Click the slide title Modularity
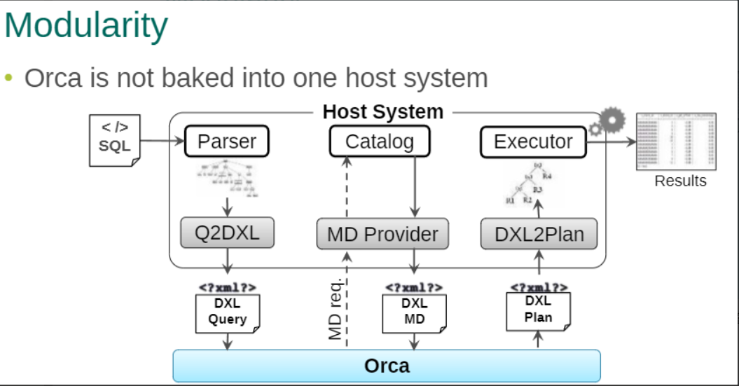(x=86, y=26)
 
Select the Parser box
(x=227, y=142)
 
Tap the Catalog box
(x=380, y=142)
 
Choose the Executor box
(x=533, y=142)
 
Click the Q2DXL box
(x=227, y=233)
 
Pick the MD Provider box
(x=382, y=234)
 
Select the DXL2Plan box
(x=539, y=234)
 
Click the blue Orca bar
(x=387, y=366)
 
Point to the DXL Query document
(x=227, y=312)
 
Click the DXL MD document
(x=414, y=312)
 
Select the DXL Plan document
(x=538, y=310)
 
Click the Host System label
(x=382, y=112)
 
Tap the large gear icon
(x=612, y=120)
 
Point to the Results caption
(x=680, y=181)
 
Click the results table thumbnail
(x=675, y=142)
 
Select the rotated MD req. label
(x=336, y=308)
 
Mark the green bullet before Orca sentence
(x=9, y=78)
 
